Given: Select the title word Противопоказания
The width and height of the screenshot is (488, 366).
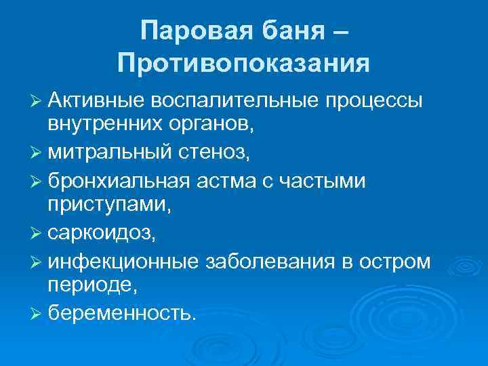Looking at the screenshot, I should coord(243,64).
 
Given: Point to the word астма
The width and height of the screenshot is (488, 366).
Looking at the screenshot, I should coord(241,182).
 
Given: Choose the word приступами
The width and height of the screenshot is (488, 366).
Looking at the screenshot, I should coord(108,209).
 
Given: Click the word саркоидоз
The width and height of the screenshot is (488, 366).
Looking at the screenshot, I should coord(101,235).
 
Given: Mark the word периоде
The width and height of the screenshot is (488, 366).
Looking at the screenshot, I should coord(91,287).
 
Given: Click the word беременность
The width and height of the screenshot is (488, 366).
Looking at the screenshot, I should coord(123,314).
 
